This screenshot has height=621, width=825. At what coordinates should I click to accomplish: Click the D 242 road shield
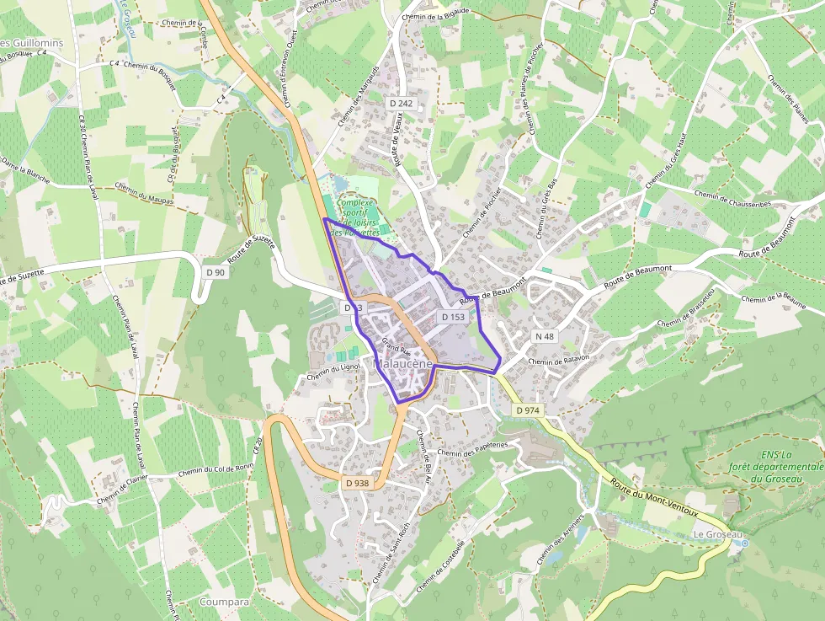pyautogui.click(x=402, y=103)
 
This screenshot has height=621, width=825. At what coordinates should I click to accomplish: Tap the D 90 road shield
pyautogui.click(x=216, y=272)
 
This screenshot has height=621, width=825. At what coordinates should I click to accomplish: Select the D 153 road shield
pyautogui.click(x=453, y=317)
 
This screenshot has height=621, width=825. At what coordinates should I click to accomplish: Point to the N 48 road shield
pyautogui.click(x=545, y=336)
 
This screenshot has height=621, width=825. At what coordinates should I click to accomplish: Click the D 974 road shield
pyautogui.click(x=528, y=410)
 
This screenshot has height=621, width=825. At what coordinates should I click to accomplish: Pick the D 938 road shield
pyautogui.click(x=357, y=483)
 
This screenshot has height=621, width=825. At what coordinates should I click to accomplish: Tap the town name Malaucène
pyautogui.click(x=403, y=363)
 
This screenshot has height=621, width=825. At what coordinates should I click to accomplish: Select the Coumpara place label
pyautogui.click(x=225, y=602)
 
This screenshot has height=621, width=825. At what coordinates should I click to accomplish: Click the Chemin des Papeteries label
pyautogui.click(x=473, y=448)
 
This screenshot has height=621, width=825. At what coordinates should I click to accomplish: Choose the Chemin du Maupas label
pyautogui.click(x=144, y=194)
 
